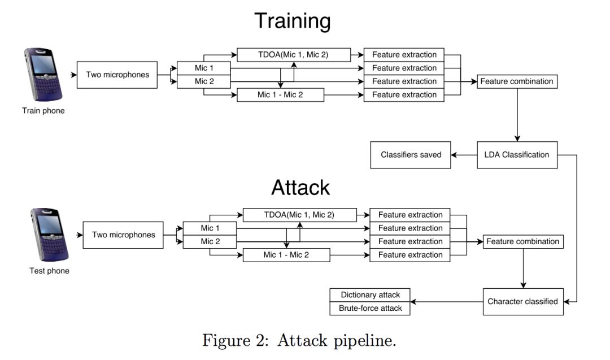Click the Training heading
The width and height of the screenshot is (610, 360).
coord(292,21)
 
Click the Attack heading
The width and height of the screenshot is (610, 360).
coord(300,187)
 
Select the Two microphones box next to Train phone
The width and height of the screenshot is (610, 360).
coord(117,75)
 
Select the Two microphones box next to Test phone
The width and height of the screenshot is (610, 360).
coord(123,235)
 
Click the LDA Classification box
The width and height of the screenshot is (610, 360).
coord(517,155)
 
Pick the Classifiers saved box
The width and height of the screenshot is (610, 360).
coord(411,155)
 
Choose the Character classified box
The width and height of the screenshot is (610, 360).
coord(522,302)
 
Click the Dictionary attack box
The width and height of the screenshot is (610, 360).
coord(370,295)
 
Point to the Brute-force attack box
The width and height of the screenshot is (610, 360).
coord(370,309)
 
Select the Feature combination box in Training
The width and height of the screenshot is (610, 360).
coord(517,81)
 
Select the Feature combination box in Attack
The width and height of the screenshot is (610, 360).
coord(522,242)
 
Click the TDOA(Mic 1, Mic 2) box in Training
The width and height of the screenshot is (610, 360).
coord(294,55)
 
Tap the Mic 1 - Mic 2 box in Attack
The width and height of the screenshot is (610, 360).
coord(286,255)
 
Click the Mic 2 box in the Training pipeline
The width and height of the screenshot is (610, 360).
coord(204,81)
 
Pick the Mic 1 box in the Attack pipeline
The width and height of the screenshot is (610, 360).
coord(210,228)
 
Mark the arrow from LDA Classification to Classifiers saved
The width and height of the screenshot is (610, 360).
coord(464,155)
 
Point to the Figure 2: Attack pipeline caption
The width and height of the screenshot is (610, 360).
coord(300,341)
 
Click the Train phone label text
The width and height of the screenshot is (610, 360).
coord(43,111)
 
